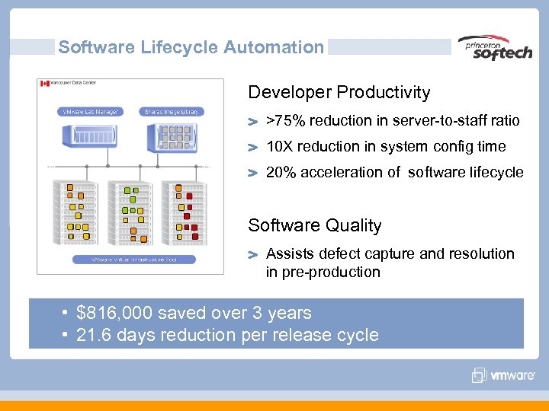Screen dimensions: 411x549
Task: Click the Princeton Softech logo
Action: click(x=495, y=48)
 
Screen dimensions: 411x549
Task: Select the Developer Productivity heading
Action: click(x=339, y=93)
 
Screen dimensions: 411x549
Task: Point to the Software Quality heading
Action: click(x=314, y=225)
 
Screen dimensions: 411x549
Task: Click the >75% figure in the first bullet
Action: click(x=281, y=121)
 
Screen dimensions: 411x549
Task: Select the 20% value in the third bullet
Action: click(x=279, y=172)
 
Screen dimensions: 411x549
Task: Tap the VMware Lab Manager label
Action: click(x=89, y=112)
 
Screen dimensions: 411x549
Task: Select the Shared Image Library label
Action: click(x=172, y=112)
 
